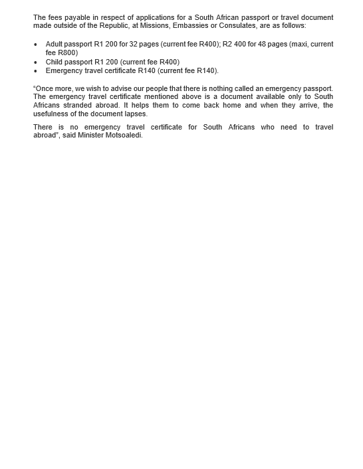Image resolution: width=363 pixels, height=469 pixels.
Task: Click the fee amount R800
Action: point(67,52)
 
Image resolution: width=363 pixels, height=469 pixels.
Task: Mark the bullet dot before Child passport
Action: point(35,62)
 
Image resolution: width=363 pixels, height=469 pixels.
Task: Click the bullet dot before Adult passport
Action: point(35,45)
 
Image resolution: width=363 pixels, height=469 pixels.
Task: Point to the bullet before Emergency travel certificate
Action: point(35,71)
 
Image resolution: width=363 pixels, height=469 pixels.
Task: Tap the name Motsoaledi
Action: point(124,136)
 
